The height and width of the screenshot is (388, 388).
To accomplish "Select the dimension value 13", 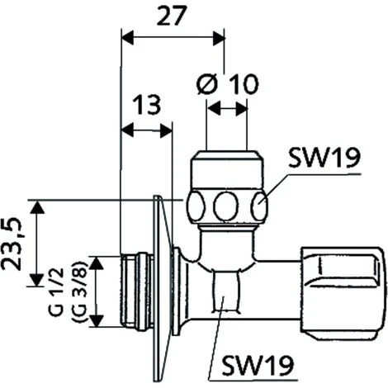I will coord(146,106).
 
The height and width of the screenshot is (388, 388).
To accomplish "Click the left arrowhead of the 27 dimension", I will coord(126,35).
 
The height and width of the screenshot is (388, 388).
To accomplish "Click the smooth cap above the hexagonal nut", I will coord(226,171).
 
